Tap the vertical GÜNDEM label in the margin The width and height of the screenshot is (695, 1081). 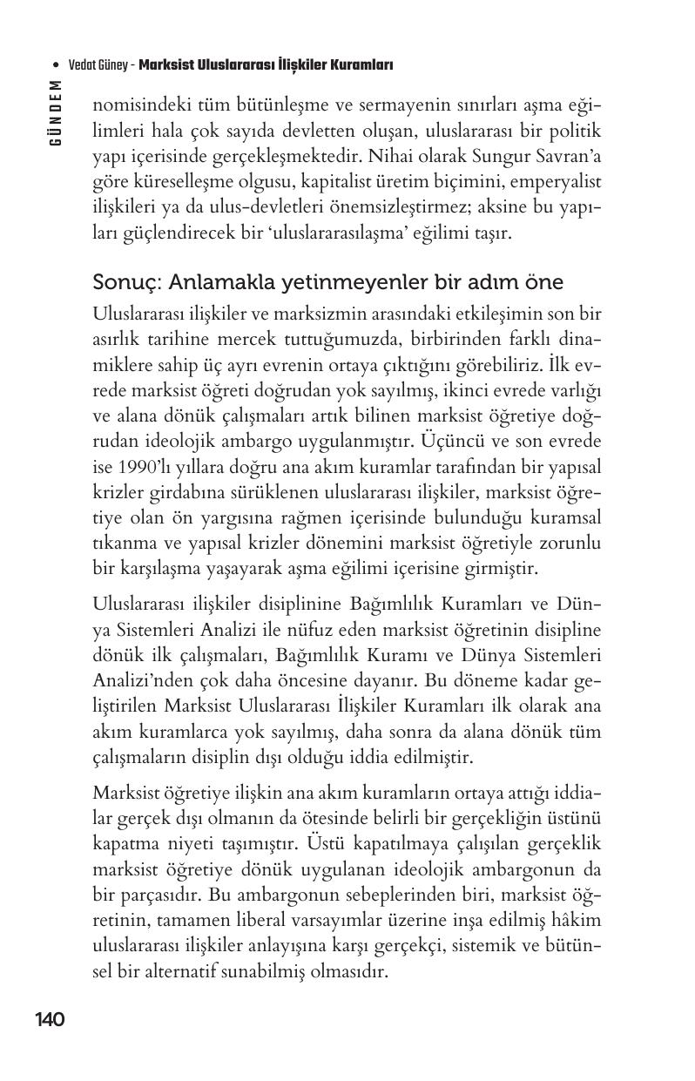[x=55, y=113]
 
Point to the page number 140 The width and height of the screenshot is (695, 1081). [x=51, y=1019]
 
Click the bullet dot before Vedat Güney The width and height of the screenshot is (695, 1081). [x=56, y=66]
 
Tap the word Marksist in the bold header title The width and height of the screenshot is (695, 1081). [x=167, y=65]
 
